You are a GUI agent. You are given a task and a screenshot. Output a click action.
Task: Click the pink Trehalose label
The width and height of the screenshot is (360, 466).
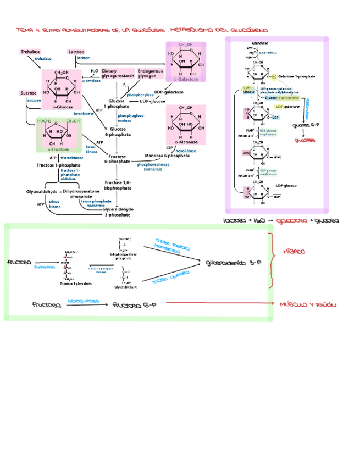pyautogui.click(x=31, y=52)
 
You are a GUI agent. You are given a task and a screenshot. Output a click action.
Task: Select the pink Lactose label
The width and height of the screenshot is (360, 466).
pyautogui.click(x=76, y=52)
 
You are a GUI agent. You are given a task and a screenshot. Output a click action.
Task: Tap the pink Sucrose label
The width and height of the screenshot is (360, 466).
pyautogui.click(x=29, y=93)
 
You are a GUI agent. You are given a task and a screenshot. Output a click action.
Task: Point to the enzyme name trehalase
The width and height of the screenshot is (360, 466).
pyautogui.click(x=43, y=58)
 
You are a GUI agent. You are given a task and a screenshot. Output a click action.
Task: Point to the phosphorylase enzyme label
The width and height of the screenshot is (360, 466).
pyautogui.click(x=140, y=95)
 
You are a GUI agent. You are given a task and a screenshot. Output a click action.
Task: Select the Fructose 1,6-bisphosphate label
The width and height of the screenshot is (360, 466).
pyautogui.click(x=117, y=185)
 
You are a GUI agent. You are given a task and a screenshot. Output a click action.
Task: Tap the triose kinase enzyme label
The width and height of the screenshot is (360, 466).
pyautogui.click(x=54, y=204)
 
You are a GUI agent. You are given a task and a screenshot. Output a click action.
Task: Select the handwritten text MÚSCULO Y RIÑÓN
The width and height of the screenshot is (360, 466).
pyautogui.click(x=307, y=304)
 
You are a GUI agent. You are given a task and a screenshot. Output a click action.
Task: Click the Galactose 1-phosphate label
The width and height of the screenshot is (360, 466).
pyautogui.click(x=297, y=76)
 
